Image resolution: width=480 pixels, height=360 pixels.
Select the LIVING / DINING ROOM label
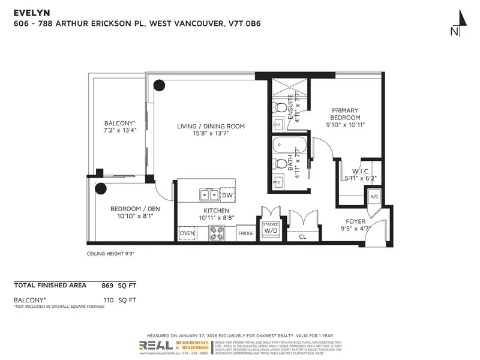click(211, 126)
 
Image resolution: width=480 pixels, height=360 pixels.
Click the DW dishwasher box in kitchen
click(227, 194)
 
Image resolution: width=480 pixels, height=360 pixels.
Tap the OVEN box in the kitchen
click(187, 233)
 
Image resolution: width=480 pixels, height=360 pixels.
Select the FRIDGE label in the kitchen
click(246, 233)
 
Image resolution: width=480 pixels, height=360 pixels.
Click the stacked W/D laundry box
click(271, 229)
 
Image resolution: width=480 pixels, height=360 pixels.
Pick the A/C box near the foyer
click(374, 196)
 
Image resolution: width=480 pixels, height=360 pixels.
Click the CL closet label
click(302, 236)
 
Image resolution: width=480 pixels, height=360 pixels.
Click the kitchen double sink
click(209, 194)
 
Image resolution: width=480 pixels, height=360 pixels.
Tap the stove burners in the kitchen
click(216, 233)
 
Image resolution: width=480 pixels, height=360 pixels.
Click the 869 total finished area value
click(108, 286)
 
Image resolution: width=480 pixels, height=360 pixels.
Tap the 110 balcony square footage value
click(108, 299)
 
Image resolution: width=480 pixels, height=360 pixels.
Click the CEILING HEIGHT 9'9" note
click(110, 254)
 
